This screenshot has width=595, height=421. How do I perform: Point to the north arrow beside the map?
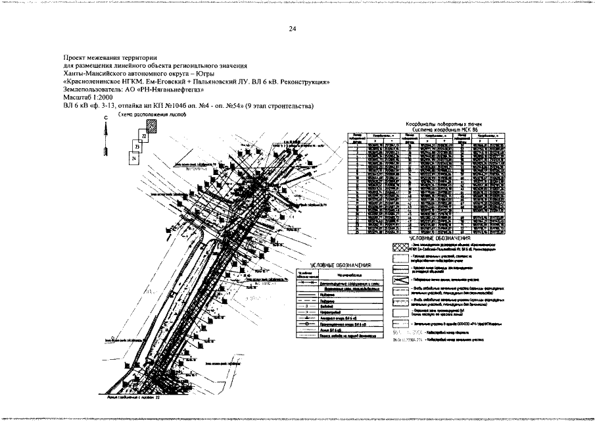(x=105, y=139)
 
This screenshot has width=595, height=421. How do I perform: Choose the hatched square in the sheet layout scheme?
(x=153, y=125)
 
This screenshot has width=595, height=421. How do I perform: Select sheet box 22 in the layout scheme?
(x=143, y=136)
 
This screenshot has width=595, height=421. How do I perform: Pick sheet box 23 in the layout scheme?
(x=137, y=147)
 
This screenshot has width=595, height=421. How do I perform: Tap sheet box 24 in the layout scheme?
(x=133, y=159)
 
